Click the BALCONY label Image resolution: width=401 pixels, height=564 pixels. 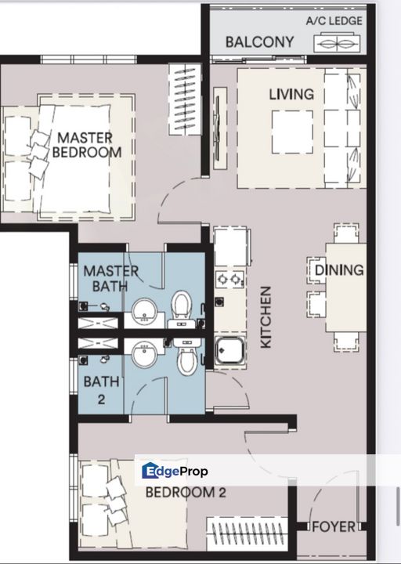(x=259, y=42)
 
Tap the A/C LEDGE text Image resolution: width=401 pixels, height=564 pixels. (x=334, y=21)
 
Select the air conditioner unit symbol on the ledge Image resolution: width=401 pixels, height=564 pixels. (x=337, y=43)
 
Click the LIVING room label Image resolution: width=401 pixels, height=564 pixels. (x=291, y=94)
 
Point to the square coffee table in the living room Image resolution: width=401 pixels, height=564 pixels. (x=292, y=132)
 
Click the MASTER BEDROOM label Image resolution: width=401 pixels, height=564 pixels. (x=87, y=145)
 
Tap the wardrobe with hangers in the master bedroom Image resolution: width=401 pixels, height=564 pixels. (x=185, y=99)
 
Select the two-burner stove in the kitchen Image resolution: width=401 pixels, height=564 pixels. (x=230, y=279)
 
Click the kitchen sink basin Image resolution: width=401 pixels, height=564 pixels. (x=230, y=350)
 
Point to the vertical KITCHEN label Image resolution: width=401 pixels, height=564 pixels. (x=266, y=317)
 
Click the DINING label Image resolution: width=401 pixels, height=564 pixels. (x=339, y=270)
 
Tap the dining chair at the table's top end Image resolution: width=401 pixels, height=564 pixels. (x=346, y=233)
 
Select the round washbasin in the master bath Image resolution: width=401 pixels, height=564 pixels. (x=144, y=312)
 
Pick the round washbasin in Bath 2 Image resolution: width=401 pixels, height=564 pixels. (x=144, y=354)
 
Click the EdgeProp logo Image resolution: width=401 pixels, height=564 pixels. (x=175, y=471)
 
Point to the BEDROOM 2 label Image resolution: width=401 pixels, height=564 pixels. (x=186, y=493)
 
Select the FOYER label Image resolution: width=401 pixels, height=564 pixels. (x=334, y=527)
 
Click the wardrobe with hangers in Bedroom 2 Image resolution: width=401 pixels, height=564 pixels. (x=247, y=533)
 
